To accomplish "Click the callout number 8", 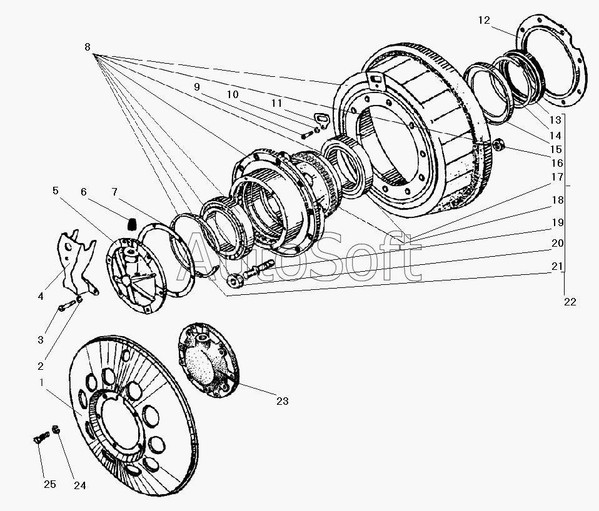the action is pos(88,47).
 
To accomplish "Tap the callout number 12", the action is pos(484,20).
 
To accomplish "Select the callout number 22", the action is pos(570,302).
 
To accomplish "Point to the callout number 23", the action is pos(283,401).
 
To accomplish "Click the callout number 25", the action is pos(50,484).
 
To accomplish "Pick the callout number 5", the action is pos(56,191).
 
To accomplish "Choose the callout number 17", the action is pos(557,177).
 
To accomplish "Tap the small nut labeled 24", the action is pos(56,429).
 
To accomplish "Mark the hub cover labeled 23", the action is pos(208,360).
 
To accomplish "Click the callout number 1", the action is pos(42,382).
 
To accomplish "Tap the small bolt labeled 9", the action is pos(307,134).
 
